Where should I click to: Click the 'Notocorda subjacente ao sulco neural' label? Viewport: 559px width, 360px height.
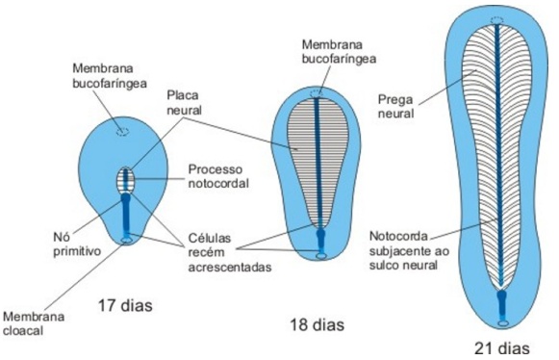(x=404, y=249)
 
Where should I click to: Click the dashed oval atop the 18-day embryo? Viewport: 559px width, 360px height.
(x=318, y=93)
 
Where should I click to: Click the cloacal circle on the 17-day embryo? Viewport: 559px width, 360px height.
(x=125, y=240)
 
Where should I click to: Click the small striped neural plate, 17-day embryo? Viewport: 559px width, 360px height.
(x=124, y=179)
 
